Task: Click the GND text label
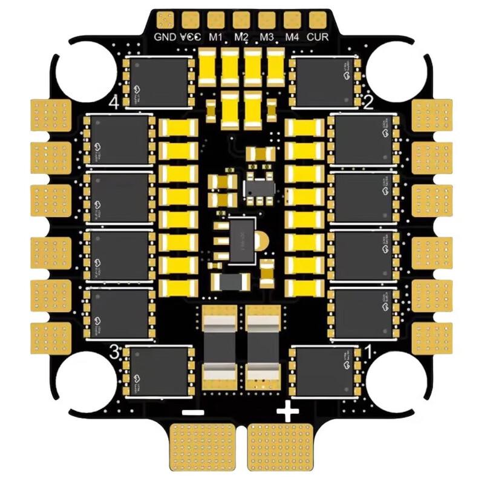(x=165, y=36)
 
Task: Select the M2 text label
(x=242, y=36)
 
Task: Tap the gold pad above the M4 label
(x=292, y=20)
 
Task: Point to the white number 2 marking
(x=368, y=102)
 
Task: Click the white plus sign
(x=287, y=413)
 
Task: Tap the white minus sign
(x=192, y=413)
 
